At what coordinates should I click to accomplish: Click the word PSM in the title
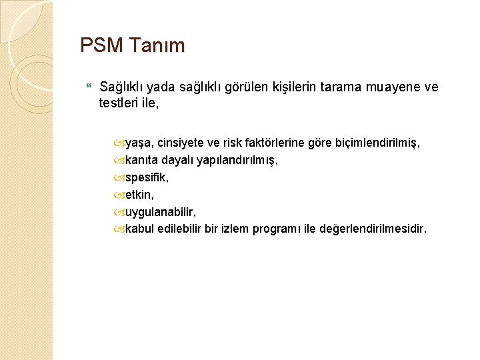click(101, 46)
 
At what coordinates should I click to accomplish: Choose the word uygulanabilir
click(159, 212)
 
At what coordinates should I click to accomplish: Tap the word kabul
click(139, 229)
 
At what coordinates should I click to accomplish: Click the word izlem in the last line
click(236, 229)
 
